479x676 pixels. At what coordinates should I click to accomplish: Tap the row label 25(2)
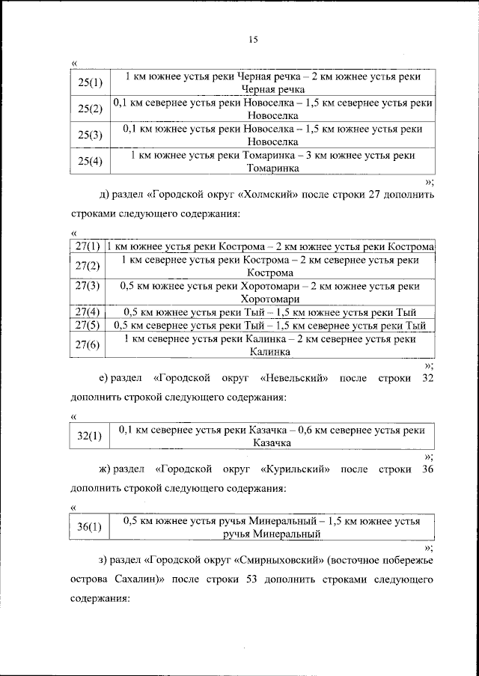pos(90,109)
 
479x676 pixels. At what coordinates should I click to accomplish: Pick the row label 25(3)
pos(90,135)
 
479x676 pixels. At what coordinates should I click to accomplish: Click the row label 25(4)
pos(90,162)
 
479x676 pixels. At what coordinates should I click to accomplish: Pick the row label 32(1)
pos(90,436)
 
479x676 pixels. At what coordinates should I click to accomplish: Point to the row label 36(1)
pos(90,527)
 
